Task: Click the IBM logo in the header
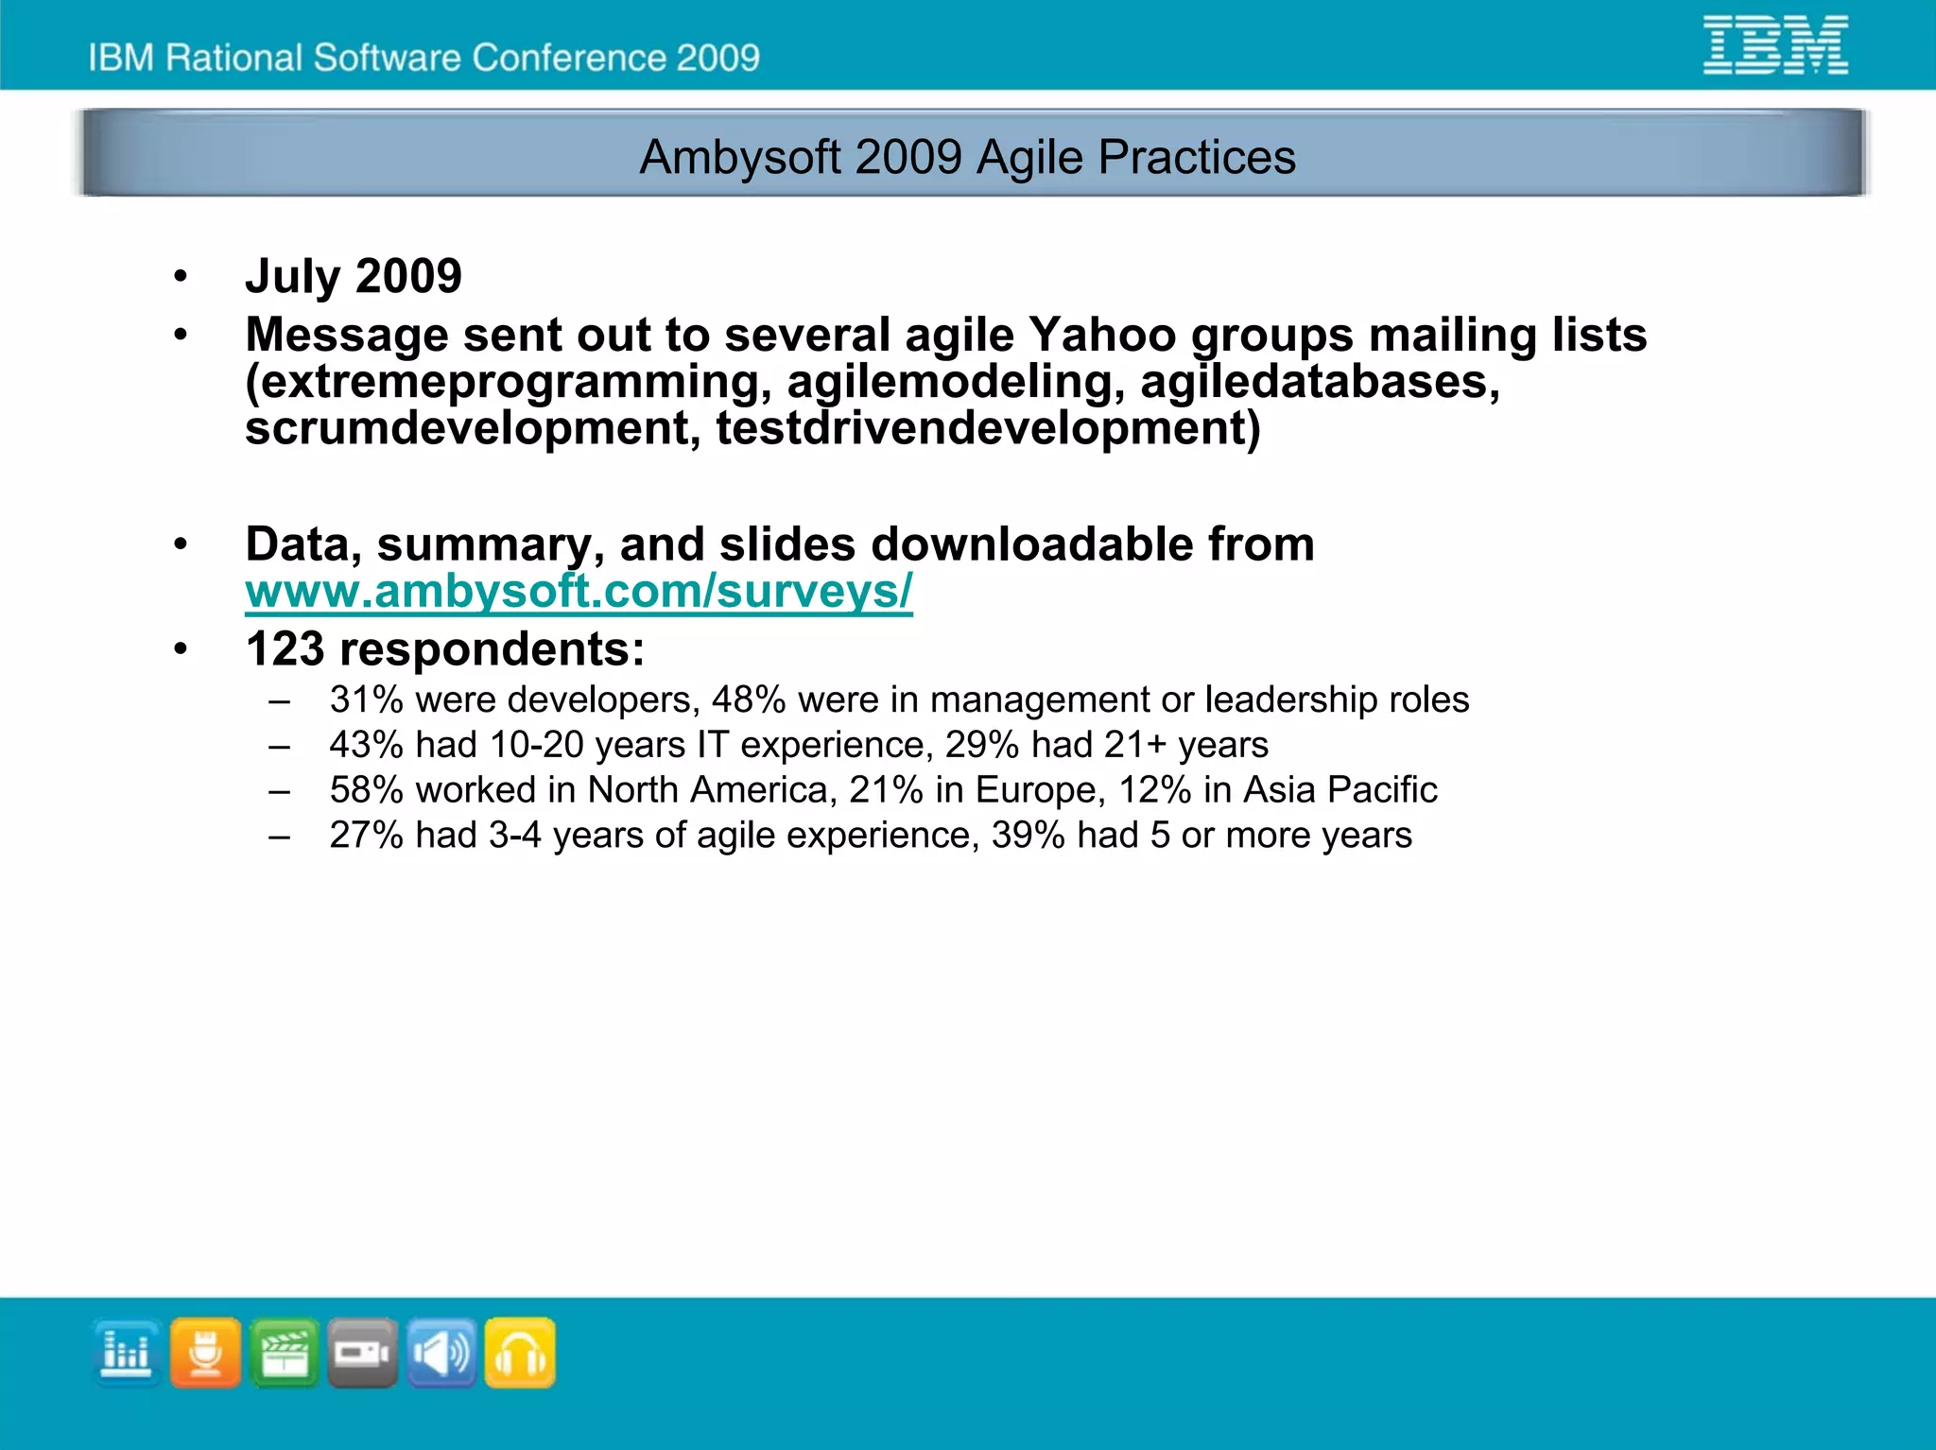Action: pyautogui.click(x=1774, y=45)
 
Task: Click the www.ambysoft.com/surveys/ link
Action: pyautogui.click(x=579, y=592)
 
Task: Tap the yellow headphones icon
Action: pyautogui.click(x=520, y=1353)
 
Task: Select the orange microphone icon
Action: pyautogui.click(x=205, y=1353)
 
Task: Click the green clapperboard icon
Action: pyautogui.click(x=285, y=1353)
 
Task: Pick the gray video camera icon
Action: pyautogui.click(x=363, y=1353)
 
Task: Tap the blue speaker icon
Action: pyautogui.click(x=441, y=1353)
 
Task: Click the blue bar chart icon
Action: pyautogui.click(x=127, y=1353)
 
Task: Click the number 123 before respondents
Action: pyautogui.click(x=285, y=649)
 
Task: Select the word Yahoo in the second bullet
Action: pyautogui.click(x=1101, y=335)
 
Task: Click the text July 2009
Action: pyautogui.click(x=353, y=276)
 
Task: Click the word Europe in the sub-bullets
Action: pyautogui.click(x=1038, y=790)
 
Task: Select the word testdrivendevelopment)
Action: pyautogui.click(x=988, y=429)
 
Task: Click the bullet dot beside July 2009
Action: pyautogui.click(x=181, y=277)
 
